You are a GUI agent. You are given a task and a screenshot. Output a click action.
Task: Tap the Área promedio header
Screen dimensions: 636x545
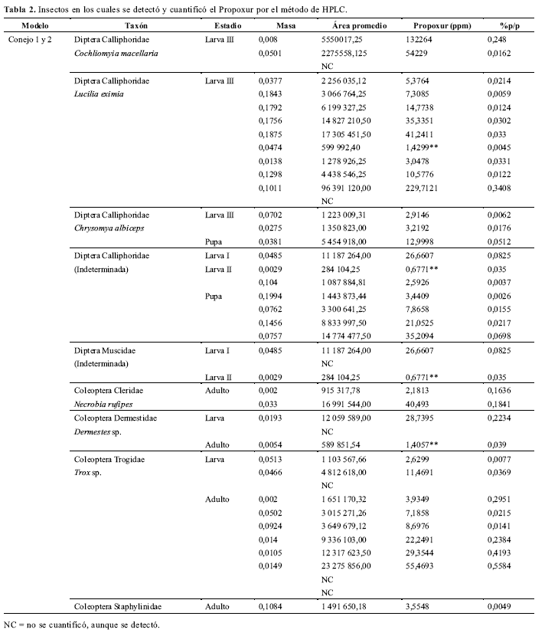(356, 25)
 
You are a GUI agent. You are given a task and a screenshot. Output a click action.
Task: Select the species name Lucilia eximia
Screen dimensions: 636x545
(99, 94)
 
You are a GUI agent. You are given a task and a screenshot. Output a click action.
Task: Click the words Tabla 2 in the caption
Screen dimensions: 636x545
(18, 8)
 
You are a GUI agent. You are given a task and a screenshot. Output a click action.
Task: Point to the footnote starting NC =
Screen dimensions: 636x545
(83, 625)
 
